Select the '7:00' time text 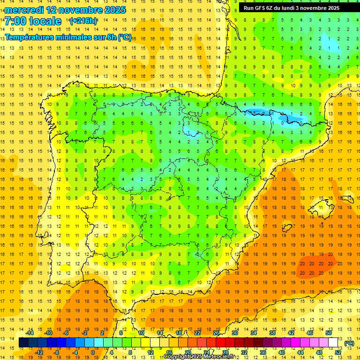click(15, 21)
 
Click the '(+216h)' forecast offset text click(83, 21)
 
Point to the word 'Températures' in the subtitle click(31, 37)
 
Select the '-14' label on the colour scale click(30, 333)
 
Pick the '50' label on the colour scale click(328, 333)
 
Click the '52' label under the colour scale click(338, 352)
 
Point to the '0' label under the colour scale click(92, 352)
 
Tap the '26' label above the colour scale click(216, 333)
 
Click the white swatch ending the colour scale click(333, 343)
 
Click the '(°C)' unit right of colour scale click(349, 343)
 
